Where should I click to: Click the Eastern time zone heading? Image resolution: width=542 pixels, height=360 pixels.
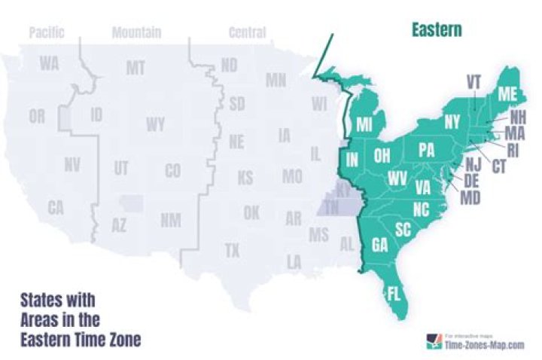(x=436, y=30)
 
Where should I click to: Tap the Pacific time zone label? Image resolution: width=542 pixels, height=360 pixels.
(x=47, y=32)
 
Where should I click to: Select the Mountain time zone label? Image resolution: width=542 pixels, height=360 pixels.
(x=136, y=32)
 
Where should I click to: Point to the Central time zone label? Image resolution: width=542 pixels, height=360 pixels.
(x=247, y=32)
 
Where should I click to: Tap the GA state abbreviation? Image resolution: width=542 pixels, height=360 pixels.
(x=380, y=245)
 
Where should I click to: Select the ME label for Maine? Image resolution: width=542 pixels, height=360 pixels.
(x=507, y=93)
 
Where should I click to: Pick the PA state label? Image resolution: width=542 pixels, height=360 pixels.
(x=426, y=150)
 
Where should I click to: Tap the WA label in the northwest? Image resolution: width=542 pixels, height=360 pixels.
(x=50, y=63)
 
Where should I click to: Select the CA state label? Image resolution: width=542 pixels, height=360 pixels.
(x=56, y=208)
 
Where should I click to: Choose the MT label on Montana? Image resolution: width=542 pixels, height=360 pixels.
(x=135, y=69)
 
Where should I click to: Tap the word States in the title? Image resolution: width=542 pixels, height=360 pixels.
(x=44, y=300)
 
